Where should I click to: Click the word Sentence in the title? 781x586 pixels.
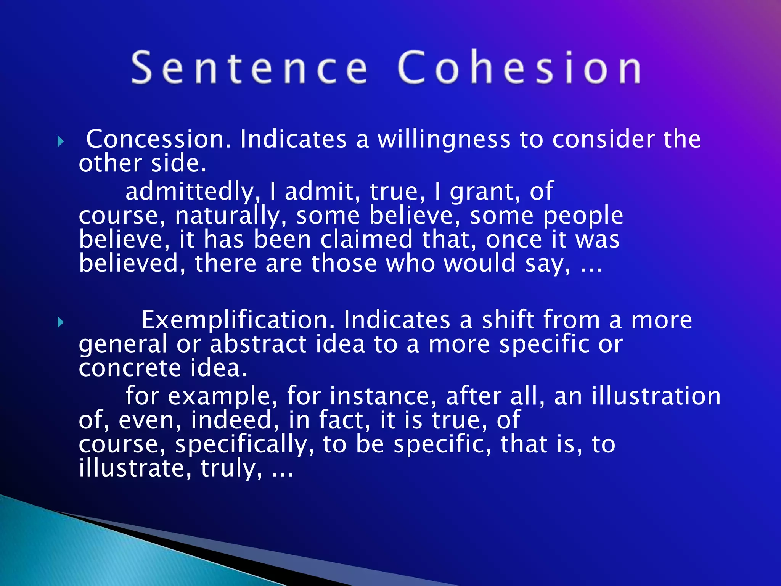pos(250,68)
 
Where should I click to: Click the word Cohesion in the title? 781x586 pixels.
pos(519,68)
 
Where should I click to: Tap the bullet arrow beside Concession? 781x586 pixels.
pos(60,142)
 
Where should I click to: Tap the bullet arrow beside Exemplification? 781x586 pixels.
pos(60,322)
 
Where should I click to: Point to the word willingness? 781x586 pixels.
pos(444,140)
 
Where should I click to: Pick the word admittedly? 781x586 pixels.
pos(193,191)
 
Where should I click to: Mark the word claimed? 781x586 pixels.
pos(366,240)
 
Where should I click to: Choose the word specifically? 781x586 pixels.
pos(244,445)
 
